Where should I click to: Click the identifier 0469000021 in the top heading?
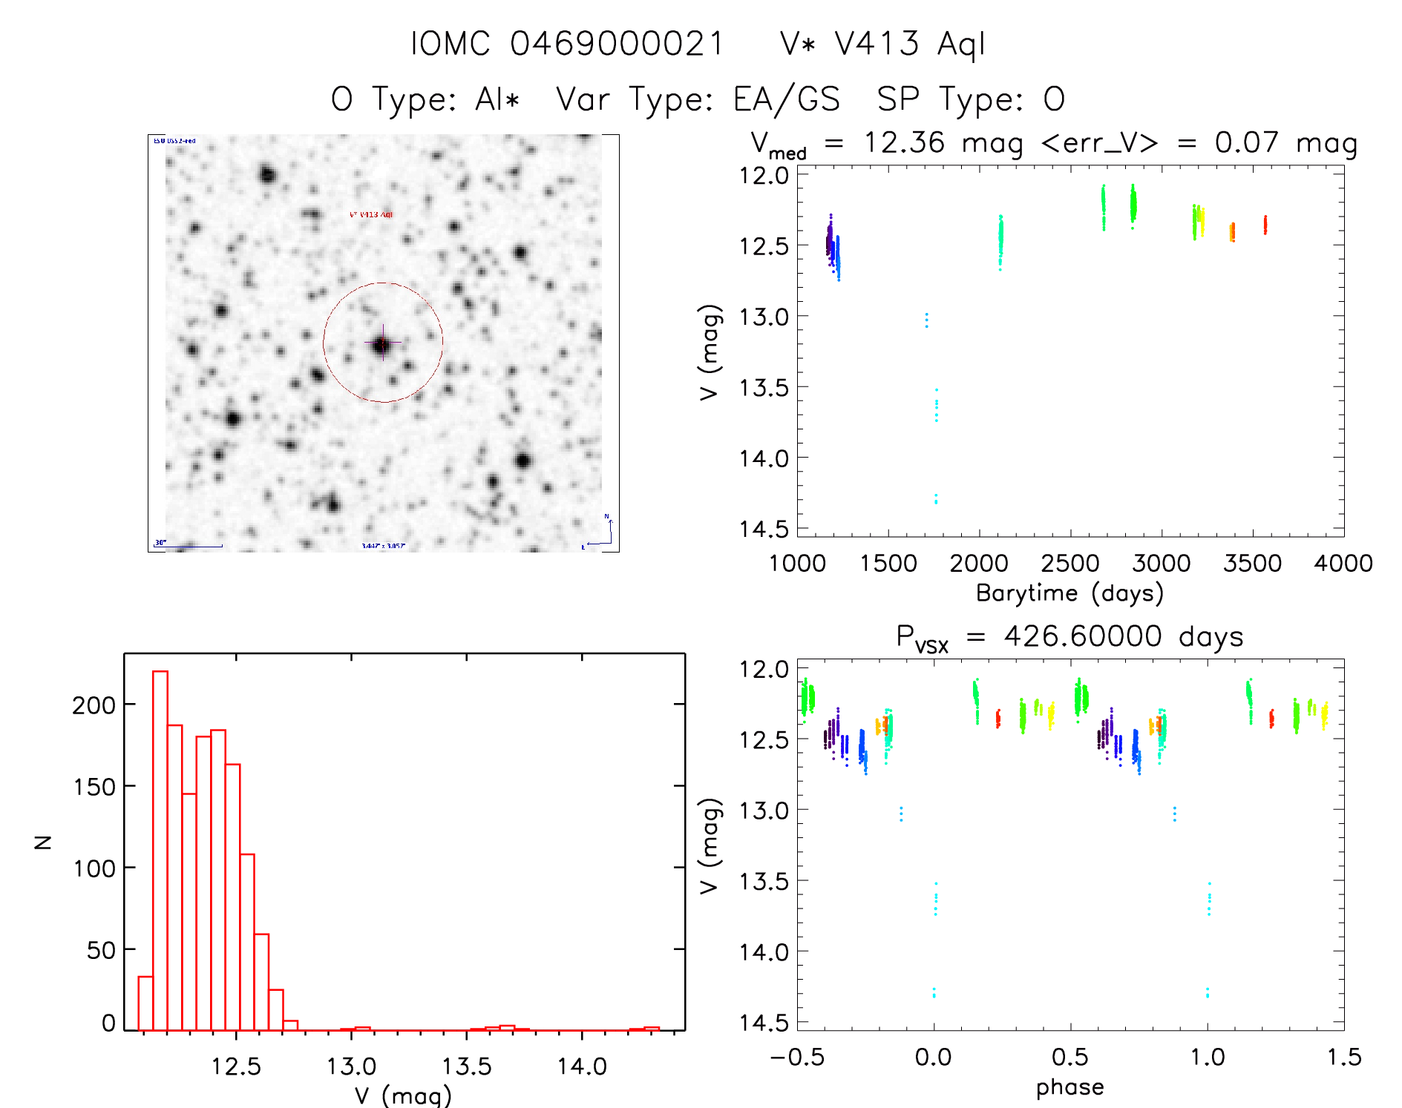[x=617, y=44]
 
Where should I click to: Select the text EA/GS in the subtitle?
[x=787, y=99]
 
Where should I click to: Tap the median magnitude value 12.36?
[x=904, y=142]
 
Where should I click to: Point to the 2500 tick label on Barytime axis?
[x=1069, y=564]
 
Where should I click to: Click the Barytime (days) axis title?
[x=1069, y=593]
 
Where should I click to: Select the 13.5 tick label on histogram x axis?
[x=467, y=1066]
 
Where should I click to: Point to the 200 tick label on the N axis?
[x=94, y=705]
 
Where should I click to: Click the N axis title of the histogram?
[x=43, y=842]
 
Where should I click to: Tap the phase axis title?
[x=1069, y=1087]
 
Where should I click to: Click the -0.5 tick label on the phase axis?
[x=797, y=1057]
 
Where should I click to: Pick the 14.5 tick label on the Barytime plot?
[x=764, y=529]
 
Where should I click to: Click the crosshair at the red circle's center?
[x=383, y=343]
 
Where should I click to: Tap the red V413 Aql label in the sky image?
[x=371, y=214]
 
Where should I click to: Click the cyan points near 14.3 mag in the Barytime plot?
[x=936, y=498]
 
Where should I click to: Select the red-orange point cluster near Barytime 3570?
[x=1265, y=225]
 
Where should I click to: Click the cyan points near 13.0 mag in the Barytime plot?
[x=926, y=320]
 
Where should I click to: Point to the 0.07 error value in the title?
[x=1246, y=142]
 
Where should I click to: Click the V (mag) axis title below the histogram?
[x=403, y=1095]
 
